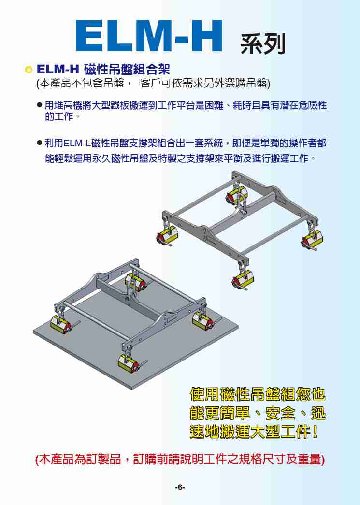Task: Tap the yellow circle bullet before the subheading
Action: click(29, 70)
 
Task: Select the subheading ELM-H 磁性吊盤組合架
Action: click(103, 69)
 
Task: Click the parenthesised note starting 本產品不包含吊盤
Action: click(153, 84)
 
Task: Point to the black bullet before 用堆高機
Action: click(40, 105)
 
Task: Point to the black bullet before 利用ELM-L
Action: click(40, 143)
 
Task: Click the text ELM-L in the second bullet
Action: click(77, 143)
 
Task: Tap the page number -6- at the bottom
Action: click(180, 487)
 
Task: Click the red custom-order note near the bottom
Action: click(180, 459)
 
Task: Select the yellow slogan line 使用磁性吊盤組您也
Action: click(258, 394)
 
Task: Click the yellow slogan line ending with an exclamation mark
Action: click(254, 432)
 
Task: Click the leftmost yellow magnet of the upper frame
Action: click(167, 236)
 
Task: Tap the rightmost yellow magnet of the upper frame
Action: click(312, 239)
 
